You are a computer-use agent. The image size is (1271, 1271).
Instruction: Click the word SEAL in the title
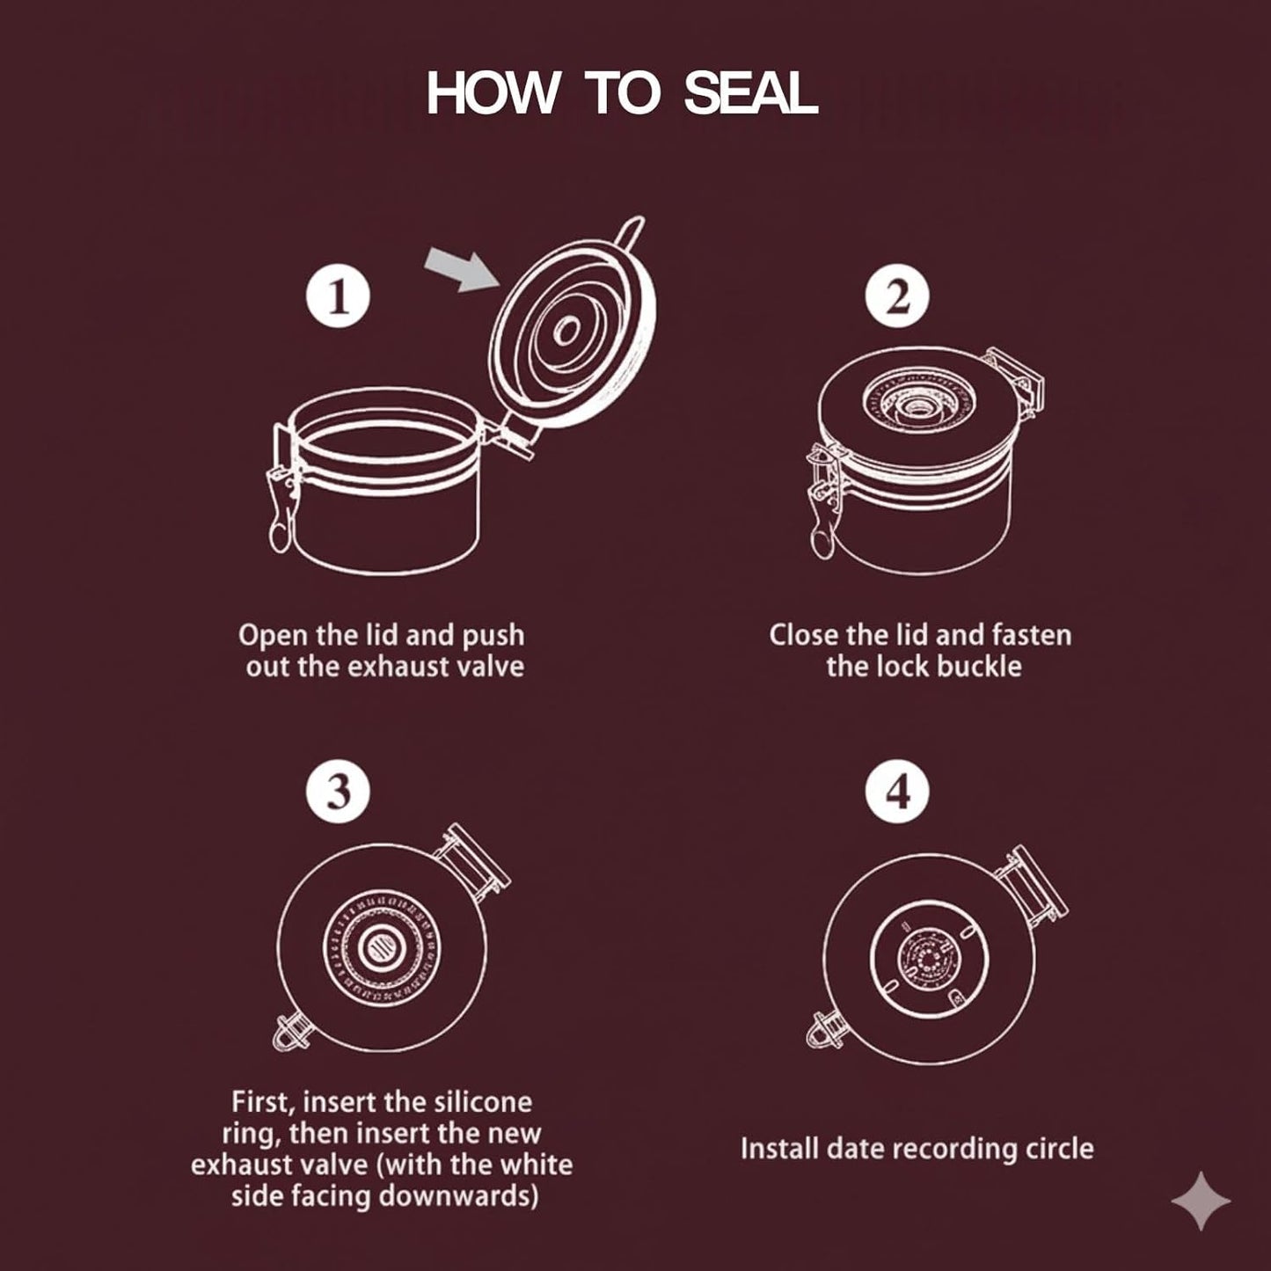[x=751, y=93]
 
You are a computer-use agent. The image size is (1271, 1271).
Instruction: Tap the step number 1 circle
[x=338, y=296]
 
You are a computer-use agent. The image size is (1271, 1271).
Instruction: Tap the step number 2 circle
[x=897, y=296]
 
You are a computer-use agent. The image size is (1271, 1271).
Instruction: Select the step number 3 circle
[x=338, y=792]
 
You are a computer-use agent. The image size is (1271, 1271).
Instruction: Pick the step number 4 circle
[x=897, y=792]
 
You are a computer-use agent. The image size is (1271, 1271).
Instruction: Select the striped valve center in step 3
[x=382, y=949]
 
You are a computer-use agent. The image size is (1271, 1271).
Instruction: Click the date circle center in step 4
[x=928, y=957]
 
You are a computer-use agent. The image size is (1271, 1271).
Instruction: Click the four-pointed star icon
[x=1201, y=1201]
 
